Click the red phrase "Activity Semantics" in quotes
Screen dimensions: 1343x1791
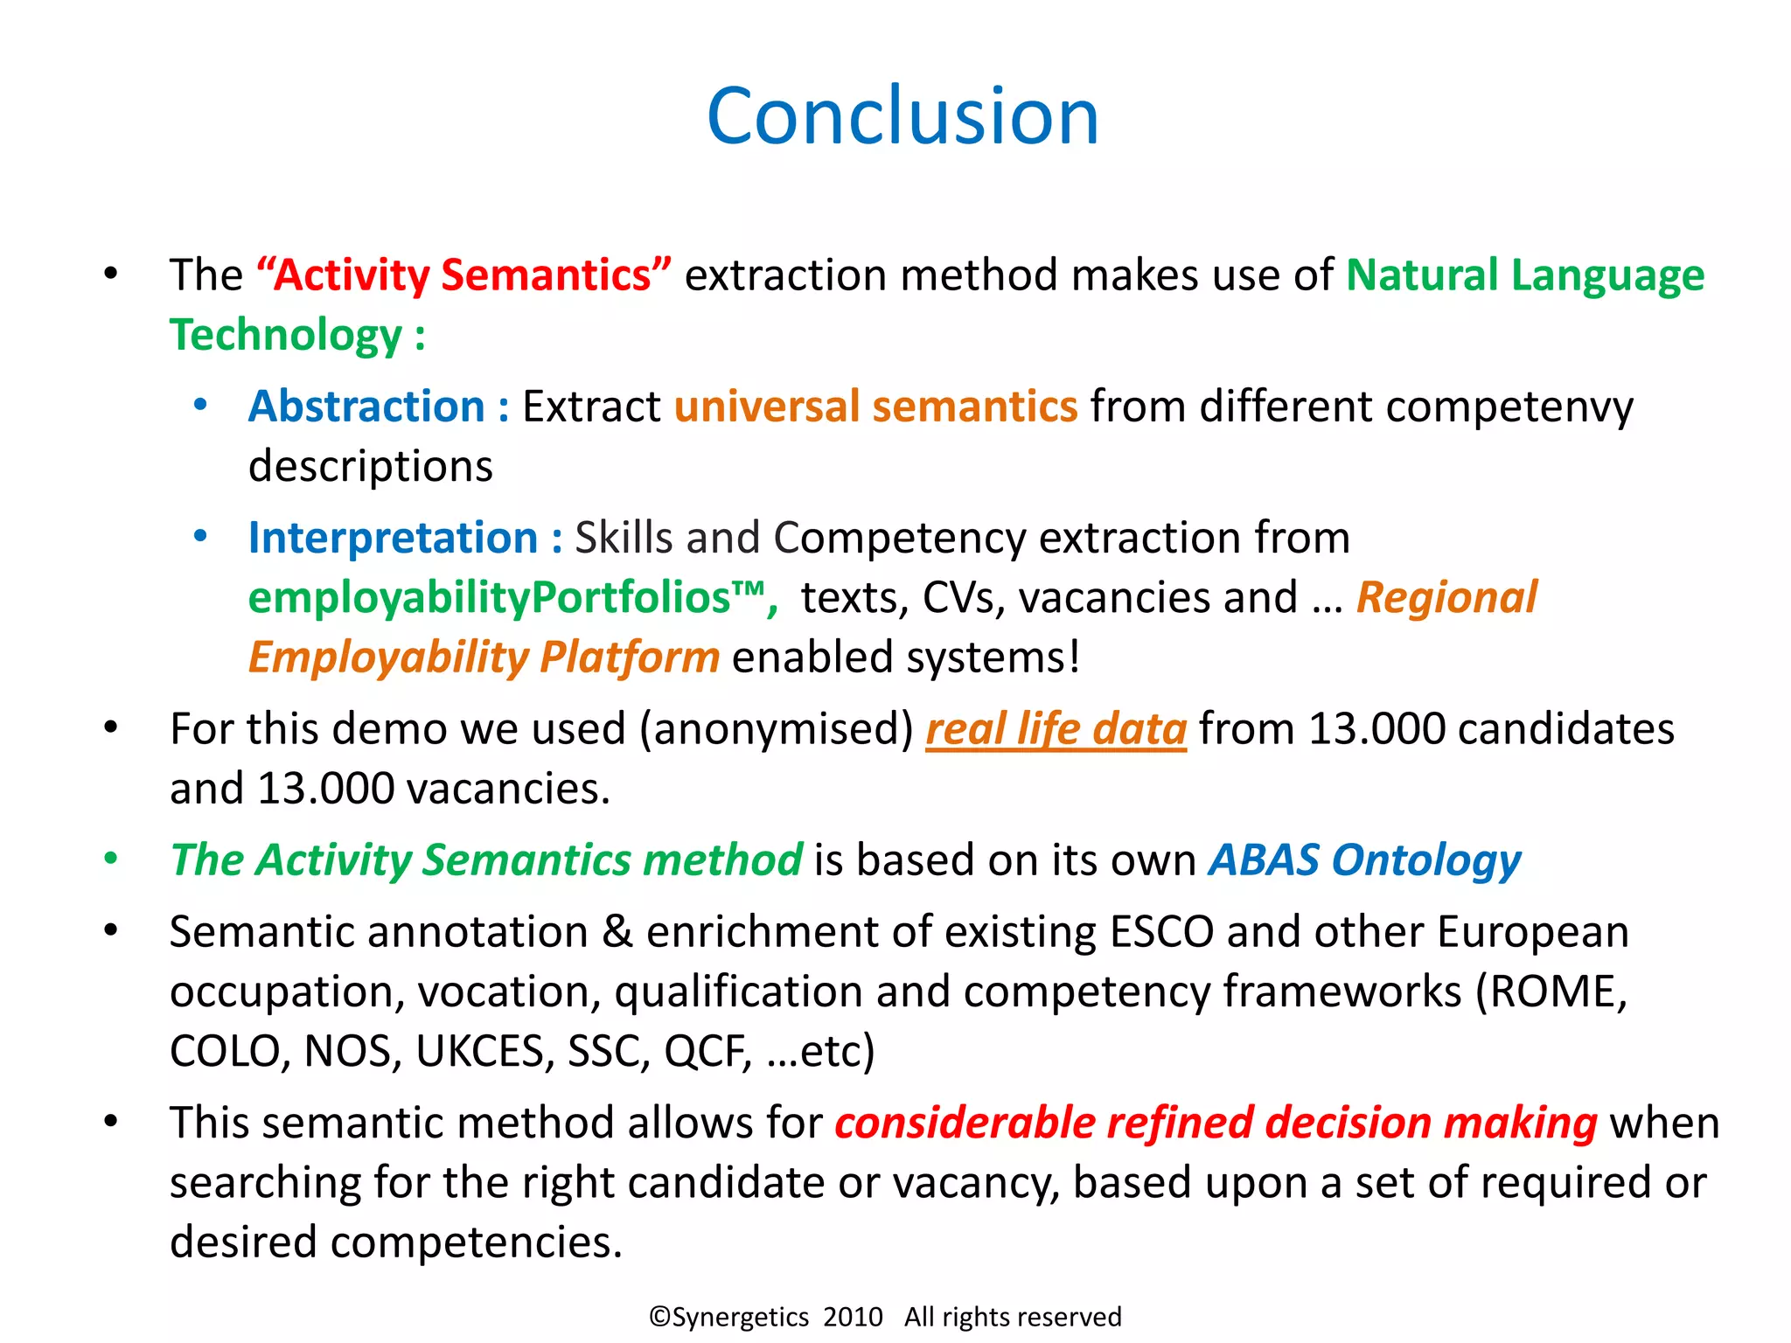(463, 275)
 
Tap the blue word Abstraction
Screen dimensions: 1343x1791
(366, 407)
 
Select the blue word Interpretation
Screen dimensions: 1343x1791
(393, 539)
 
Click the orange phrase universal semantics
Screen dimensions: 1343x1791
(875, 407)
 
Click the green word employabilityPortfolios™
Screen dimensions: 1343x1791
(507, 598)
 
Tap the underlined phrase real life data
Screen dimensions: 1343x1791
(1056, 729)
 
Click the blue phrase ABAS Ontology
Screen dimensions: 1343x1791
(1364, 860)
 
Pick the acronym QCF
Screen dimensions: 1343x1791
(706, 1052)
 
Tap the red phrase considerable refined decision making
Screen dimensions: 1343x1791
(1216, 1124)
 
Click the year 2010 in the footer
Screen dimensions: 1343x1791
(853, 1317)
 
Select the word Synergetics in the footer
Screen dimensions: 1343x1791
(739, 1318)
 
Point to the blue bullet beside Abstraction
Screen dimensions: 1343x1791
(200, 405)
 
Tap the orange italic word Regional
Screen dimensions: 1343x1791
(1446, 598)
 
